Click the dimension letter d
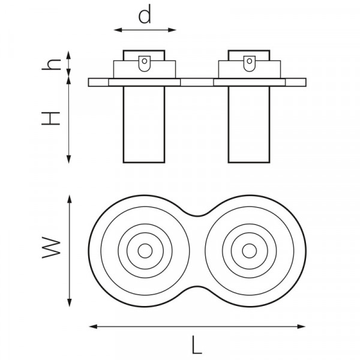click(x=145, y=14)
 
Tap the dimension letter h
click(x=51, y=65)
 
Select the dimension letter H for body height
click(x=51, y=118)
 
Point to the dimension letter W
click(x=51, y=248)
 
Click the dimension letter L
click(x=197, y=345)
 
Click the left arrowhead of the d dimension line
click(x=118, y=30)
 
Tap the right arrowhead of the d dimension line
click(x=172, y=30)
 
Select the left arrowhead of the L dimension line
click(x=93, y=326)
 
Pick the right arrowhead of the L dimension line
click(x=301, y=326)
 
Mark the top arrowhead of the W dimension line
click(x=70, y=199)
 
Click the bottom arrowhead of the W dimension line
click(x=70, y=302)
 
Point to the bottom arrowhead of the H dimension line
click(x=68, y=159)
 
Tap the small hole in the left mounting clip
click(x=145, y=61)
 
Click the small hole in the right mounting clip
click(x=250, y=61)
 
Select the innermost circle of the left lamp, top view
click(x=145, y=251)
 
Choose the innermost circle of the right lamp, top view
click(x=250, y=251)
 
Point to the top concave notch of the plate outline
click(x=197, y=216)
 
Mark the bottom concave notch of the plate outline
click(x=197, y=286)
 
